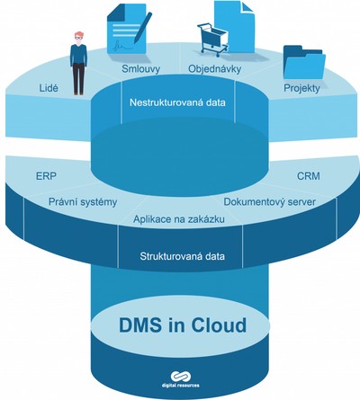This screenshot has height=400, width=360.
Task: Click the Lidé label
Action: [x=49, y=88]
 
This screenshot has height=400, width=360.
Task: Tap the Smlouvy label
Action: [x=141, y=69]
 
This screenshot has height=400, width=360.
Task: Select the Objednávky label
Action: [x=215, y=69]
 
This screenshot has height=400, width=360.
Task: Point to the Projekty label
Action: [x=301, y=88]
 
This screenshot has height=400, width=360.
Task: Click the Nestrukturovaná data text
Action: [x=177, y=102]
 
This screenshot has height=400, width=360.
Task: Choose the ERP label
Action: [x=46, y=176]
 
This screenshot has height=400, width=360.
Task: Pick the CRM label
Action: [x=309, y=176]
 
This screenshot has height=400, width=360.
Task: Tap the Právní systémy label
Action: [x=83, y=202]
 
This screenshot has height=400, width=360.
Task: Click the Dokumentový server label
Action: [x=270, y=202]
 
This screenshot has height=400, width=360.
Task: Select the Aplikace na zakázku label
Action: [x=179, y=219]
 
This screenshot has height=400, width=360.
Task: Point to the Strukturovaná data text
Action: [x=183, y=256]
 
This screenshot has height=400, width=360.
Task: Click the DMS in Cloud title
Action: [x=183, y=324]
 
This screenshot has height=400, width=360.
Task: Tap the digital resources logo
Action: [x=181, y=379]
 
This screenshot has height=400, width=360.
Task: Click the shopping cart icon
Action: [x=212, y=40]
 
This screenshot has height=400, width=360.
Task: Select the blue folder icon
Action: [x=304, y=62]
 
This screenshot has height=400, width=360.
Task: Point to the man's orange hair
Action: [x=79, y=34]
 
